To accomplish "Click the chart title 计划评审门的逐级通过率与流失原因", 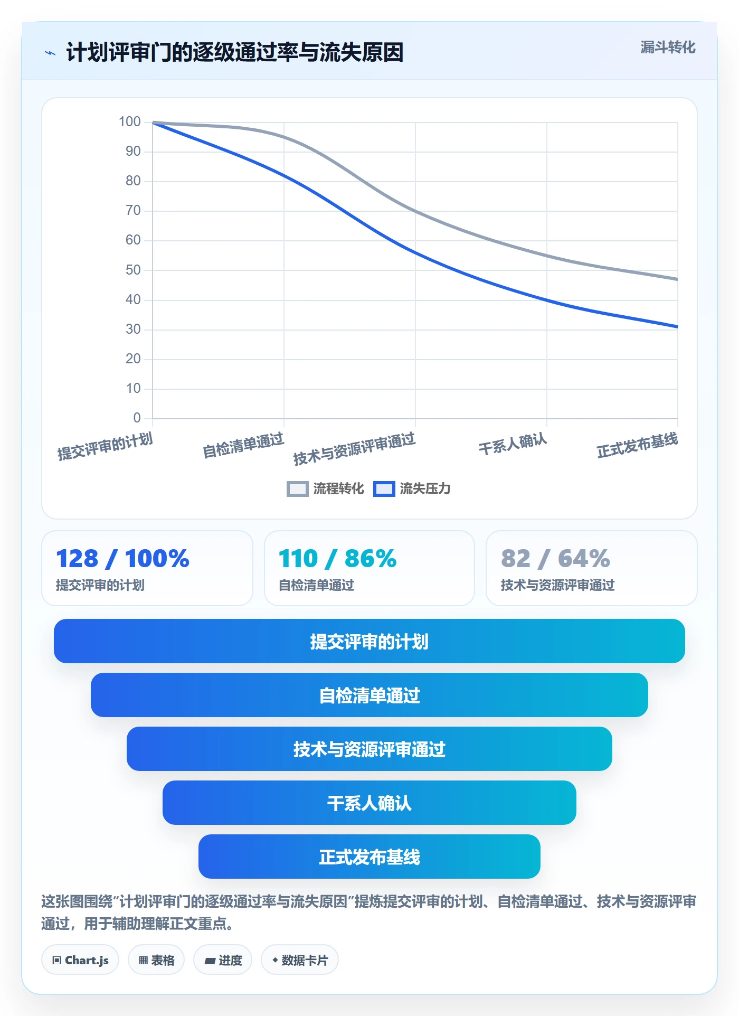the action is click(234, 52).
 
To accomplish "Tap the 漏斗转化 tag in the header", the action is click(668, 48).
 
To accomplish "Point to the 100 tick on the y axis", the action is click(130, 122).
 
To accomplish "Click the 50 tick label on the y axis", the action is click(133, 270).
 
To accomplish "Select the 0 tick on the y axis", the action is click(137, 418).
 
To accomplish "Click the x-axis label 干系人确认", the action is click(513, 444).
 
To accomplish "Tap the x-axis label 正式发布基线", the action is click(637, 445).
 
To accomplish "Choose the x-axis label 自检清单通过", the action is click(243, 445).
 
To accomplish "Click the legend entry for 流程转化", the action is click(325, 488).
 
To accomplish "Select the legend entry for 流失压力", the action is click(412, 488).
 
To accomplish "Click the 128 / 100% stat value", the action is click(122, 558).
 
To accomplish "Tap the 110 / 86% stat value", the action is click(337, 558).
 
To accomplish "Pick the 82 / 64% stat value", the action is click(555, 558).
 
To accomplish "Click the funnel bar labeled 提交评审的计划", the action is click(369, 641).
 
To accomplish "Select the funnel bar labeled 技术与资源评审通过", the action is click(369, 749).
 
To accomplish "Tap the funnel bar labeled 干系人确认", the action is click(369, 803).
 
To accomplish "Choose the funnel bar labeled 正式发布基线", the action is click(369, 857).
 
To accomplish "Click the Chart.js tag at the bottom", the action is click(80, 960).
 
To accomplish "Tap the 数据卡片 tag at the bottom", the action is click(300, 960).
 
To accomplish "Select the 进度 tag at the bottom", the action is click(223, 960).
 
